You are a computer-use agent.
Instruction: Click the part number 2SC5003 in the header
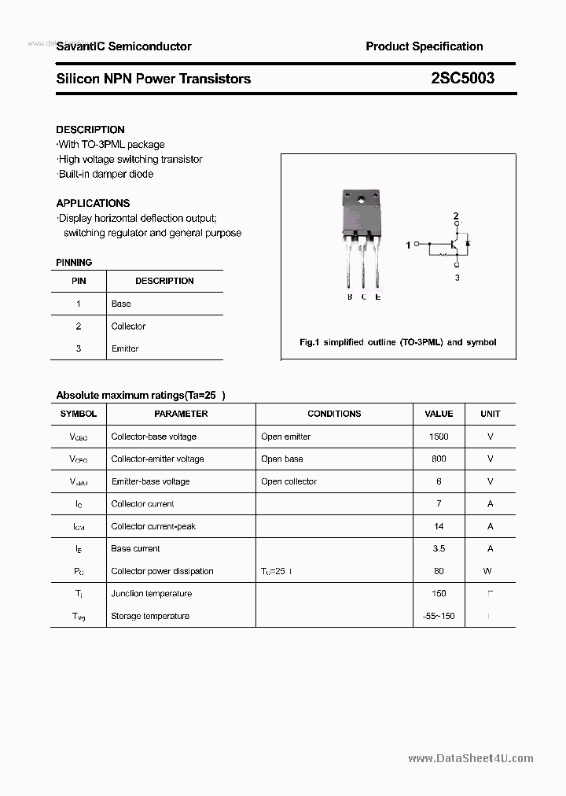[x=462, y=79]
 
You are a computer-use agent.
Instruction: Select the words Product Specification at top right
[x=424, y=46]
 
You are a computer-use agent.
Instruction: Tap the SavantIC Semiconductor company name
[x=123, y=46]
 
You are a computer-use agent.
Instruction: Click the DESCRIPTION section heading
[x=90, y=130]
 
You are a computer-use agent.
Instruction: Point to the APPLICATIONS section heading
[x=93, y=203]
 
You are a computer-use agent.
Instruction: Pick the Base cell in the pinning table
[x=121, y=304]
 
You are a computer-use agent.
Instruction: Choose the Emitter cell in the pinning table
[x=125, y=348]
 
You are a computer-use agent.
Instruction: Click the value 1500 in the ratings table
[x=439, y=437]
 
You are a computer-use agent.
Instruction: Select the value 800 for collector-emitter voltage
[x=439, y=459]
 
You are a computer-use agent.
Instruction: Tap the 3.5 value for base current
[x=439, y=549]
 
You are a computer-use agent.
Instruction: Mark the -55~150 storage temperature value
[x=439, y=616]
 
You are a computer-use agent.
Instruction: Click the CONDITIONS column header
[x=334, y=414]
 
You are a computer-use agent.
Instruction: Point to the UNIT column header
[x=490, y=414]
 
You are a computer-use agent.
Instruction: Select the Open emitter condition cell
[x=286, y=437]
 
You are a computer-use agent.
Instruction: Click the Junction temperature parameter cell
[x=151, y=594]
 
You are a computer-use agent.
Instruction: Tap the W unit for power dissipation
[x=488, y=571]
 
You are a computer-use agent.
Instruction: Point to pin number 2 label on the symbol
[x=456, y=216]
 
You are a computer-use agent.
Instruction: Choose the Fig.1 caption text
[x=398, y=342]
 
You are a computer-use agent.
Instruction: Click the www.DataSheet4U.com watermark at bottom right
[x=471, y=758]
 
